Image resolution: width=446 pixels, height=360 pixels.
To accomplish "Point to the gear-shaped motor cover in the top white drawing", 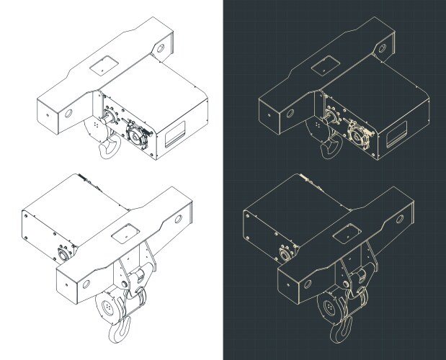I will point(135,132).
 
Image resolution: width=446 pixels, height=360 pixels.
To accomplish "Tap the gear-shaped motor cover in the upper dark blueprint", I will point(356,132).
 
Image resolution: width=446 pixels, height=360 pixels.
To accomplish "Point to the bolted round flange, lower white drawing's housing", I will point(63,254).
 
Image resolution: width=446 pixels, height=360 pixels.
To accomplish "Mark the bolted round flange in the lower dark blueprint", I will point(283,254).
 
